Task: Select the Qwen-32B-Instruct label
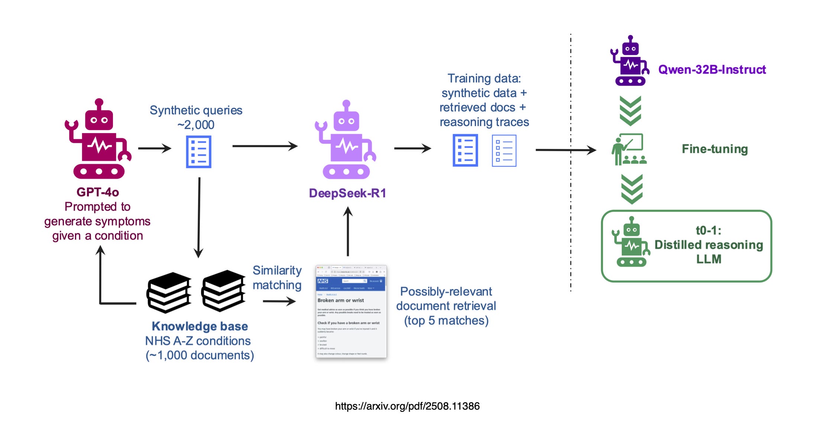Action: [x=712, y=70]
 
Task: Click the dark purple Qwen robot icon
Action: [x=630, y=61]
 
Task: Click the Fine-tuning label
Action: [x=715, y=149]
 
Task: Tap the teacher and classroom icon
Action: [x=629, y=149]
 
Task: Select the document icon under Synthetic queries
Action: [x=199, y=152]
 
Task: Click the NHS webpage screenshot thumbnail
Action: [x=351, y=311]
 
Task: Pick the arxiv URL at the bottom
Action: [x=407, y=406]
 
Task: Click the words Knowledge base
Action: [x=200, y=326]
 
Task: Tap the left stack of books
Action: [x=169, y=292]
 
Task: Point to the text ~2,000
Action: [x=196, y=125]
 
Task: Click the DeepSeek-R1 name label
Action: [x=347, y=193]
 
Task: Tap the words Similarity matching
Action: [x=277, y=278]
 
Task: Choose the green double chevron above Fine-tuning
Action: [x=631, y=110]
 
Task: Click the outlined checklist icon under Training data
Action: [x=504, y=151]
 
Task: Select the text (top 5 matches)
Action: [x=446, y=320]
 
